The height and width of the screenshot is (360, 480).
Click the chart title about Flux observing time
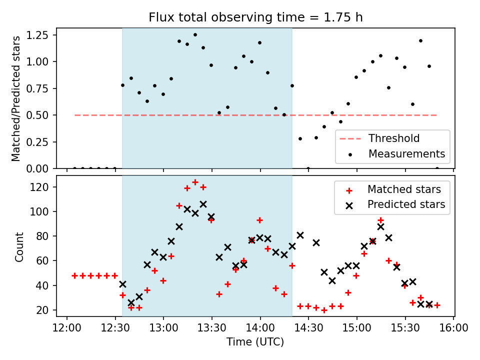(255, 17)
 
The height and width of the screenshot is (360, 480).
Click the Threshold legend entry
(393, 138)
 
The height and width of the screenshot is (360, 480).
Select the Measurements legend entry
(406, 153)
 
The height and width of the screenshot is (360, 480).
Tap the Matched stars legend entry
(404, 189)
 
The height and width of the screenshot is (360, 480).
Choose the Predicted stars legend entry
(406, 204)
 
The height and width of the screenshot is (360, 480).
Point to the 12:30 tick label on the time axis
(115, 328)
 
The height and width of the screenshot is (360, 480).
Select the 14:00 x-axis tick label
(260, 328)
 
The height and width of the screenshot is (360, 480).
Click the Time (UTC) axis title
(255, 342)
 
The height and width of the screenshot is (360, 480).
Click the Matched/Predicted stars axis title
(16, 98)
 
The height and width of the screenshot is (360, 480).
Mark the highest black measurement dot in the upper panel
(195, 35)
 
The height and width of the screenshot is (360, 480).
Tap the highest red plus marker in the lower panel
(195, 182)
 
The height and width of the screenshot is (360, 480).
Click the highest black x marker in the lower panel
(203, 204)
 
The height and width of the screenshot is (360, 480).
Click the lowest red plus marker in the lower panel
(324, 310)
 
